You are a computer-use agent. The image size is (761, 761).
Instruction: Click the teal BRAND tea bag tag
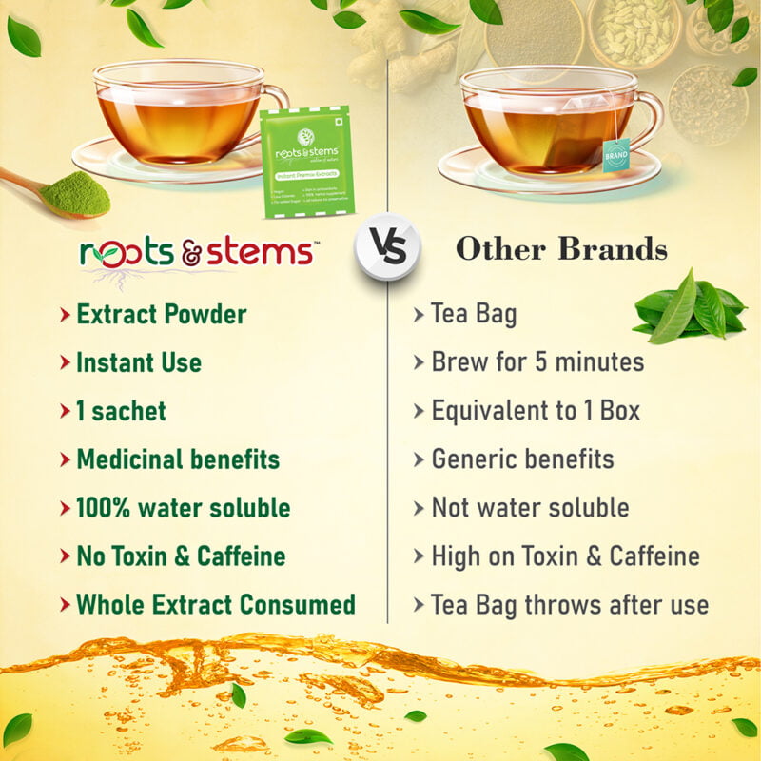[615, 154]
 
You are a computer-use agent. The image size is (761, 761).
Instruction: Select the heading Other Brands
[561, 249]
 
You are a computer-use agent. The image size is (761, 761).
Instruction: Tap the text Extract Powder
[161, 314]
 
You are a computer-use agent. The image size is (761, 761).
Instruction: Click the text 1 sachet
[121, 411]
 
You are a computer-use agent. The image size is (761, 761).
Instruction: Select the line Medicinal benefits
[178, 459]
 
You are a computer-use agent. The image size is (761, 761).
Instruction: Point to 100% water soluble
[183, 508]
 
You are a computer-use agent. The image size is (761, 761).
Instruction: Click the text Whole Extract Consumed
[216, 604]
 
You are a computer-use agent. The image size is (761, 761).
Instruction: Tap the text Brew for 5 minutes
[537, 362]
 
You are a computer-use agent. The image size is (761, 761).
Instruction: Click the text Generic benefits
[522, 459]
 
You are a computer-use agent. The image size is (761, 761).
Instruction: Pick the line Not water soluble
[530, 508]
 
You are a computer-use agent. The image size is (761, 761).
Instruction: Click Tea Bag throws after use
[569, 604]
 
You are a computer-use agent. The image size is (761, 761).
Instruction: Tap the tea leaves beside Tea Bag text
[689, 306]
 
